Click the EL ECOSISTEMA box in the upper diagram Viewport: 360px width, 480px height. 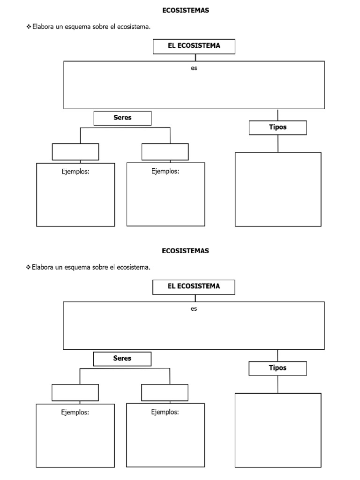pyautogui.click(x=194, y=46)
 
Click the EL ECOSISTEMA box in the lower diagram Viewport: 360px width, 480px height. pyautogui.click(x=194, y=287)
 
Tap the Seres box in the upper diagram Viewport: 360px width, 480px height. pyautogui.click(x=122, y=118)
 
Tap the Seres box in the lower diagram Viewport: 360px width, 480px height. pyautogui.click(x=122, y=359)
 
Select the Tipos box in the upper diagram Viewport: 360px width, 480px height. pyautogui.click(x=277, y=127)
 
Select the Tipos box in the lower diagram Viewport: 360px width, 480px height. pyautogui.click(x=277, y=368)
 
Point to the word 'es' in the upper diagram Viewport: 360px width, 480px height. pyautogui.click(x=194, y=68)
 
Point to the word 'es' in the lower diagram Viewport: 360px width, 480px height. pyautogui.click(x=194, y=308)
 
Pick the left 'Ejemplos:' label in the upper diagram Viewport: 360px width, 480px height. pyautogui.click(x=75, y=172)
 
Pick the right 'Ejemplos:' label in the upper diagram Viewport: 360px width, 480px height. pyautogui.click(x=165, y=171)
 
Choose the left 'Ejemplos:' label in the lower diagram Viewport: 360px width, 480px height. pyautogui.click(x=75, y=412)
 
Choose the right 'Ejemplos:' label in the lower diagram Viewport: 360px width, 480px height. pyautogui.click(x=165, y=412)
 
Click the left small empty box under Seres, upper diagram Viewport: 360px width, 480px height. pyautogui.click(x=75, y=152)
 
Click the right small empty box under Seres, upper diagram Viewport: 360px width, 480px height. pyautogui.click(x=165, y=152)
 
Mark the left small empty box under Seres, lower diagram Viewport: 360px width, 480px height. pyautogui.click(x=75, y=392)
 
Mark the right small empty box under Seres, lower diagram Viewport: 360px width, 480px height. pyautogui.click(x=165, y=392)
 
